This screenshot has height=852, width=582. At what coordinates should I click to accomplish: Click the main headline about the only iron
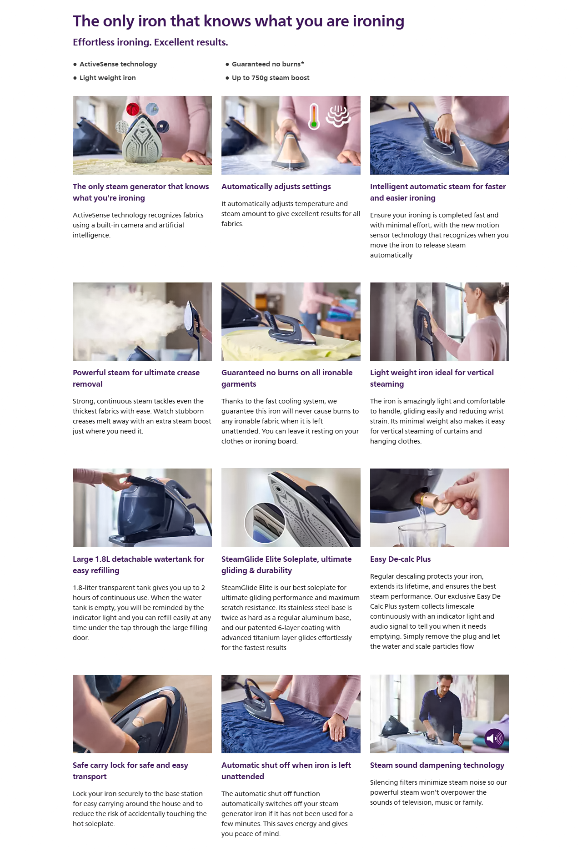[238, 21]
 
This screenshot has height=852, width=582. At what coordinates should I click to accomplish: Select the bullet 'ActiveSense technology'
[118, 64]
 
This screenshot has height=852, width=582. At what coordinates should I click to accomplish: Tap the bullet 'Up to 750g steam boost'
[271, 78]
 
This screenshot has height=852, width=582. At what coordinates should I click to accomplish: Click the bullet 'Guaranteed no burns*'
[268, 64]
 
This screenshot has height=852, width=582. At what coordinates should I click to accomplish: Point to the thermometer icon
[314, 116]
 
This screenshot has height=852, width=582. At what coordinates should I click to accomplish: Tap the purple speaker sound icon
[494, 738]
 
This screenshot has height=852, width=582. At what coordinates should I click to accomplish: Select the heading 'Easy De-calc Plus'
[400, 559]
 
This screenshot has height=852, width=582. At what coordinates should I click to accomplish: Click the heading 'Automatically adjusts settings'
[276, 187]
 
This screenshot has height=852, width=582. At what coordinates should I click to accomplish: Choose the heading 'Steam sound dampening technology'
[437, 765]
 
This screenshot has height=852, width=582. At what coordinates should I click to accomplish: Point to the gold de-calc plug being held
[436, 501]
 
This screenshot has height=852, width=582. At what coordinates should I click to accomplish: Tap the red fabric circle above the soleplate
[133, 109]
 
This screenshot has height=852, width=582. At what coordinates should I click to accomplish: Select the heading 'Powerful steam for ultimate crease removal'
[136, 378]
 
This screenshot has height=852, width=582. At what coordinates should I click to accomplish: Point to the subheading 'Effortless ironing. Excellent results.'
[151, 42]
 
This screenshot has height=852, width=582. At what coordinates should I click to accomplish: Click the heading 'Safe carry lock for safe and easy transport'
[130, 771]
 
